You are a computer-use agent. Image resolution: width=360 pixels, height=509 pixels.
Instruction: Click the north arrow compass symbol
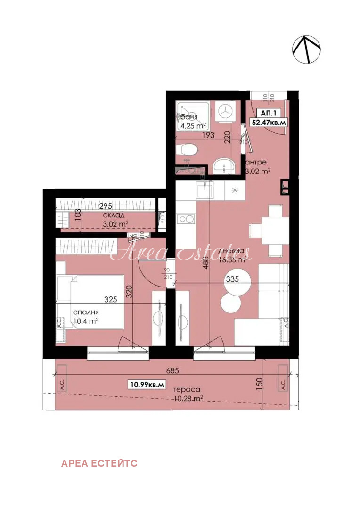click(x=306, y=49)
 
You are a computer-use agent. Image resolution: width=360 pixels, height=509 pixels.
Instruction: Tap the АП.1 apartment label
click(x=269, y=113)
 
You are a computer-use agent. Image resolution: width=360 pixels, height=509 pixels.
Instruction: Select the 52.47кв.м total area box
click(x=269, y=123)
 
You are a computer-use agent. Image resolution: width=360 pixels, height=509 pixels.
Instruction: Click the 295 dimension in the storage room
click(x=106, y=206)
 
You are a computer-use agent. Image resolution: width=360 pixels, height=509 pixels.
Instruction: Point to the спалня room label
click(x=85, y=312)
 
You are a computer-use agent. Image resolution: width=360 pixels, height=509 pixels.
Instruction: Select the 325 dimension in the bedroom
click(x=111, y=299)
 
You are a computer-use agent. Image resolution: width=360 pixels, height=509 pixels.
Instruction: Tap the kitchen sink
click(x=205, y=190)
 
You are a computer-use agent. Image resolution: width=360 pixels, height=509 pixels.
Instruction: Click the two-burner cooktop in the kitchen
click(x=186, y=219)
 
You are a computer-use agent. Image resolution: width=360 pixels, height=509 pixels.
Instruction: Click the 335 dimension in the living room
click(x=232, y=279)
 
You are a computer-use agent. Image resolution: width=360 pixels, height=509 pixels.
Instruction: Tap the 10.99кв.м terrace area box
click(x=147, y=385)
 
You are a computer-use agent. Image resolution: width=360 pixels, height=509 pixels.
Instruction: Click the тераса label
click(x=187, y=390)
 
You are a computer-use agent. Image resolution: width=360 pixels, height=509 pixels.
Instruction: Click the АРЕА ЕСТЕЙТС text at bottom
click(x=99, y=463)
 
